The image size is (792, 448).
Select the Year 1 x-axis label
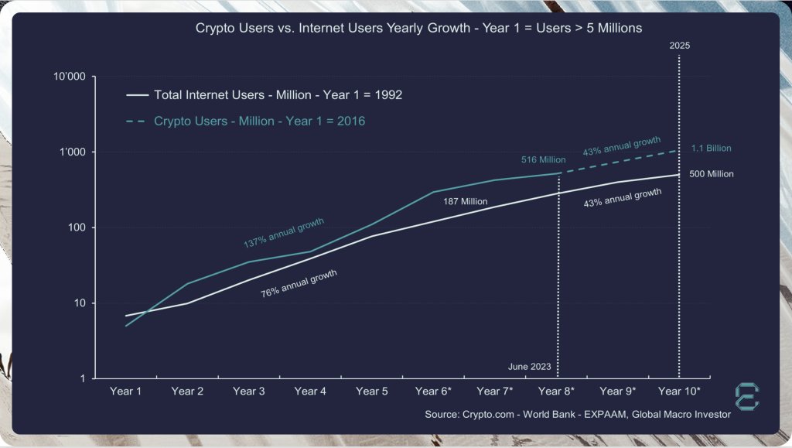[126, 392]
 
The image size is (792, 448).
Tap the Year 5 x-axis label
[372, 392]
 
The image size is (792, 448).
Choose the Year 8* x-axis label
[558, 392]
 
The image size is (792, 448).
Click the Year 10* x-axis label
[678, 392]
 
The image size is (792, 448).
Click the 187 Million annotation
[465, 201]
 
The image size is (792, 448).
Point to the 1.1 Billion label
[711, 149]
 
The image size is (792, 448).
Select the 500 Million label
[710, 174]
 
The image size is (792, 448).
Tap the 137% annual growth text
[284, 233]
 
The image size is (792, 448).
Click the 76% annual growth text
[299, 284]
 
